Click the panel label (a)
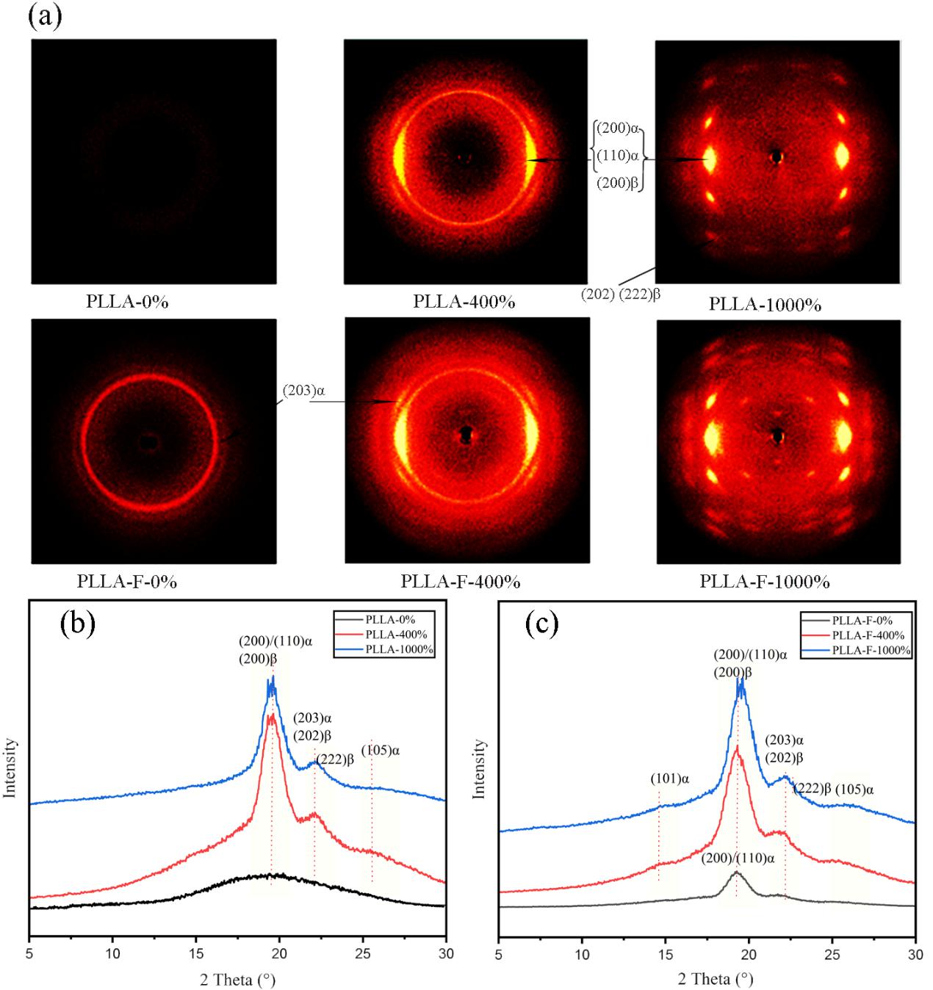pyautogui.click(x=44, y=16)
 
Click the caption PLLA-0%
pyautogui.click(x=127, y=301)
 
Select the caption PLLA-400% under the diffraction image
pyautogui.click(x=464, y=302)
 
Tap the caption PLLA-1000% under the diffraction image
pyautogui.click(x=765, y=304)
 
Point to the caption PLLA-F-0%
pyautogui.click(x=126, y=582)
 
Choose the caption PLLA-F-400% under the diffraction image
pyautogui.click(x=460, y=582)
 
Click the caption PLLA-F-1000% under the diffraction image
pyautogui.click(x=764, y=582)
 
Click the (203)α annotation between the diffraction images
pyautogui.click(x=303, y=391)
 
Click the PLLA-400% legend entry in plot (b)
pyautogui.click(x=396, y=635)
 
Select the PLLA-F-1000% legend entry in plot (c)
pyautogui.click(x=871, y=651)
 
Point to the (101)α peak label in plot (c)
pyautogui.click(x=669, y=778)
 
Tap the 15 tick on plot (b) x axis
pyautogui.click(x=195, y=953)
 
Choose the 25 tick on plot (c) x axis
pyautogui.click(x=832, y=953)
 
